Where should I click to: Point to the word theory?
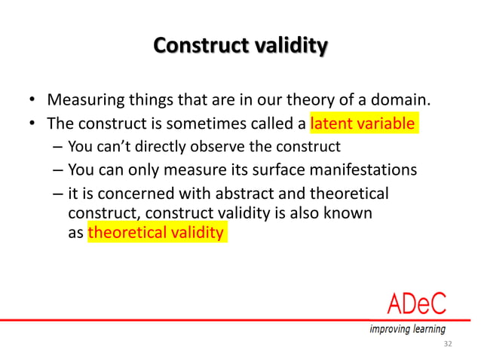pyautogui.click(x=298, y=100)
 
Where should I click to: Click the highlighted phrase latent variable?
pyautogui.click(x=363, y=123)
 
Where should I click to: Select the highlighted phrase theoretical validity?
pyautogui.click(x=156, y=233)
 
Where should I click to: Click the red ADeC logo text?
pyautogui.click(x=416, y=304)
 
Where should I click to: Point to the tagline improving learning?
pyautogui.click(x=407, y=329)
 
